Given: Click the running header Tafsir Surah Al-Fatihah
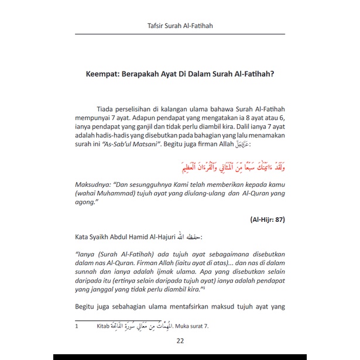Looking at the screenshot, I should (179, 26).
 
